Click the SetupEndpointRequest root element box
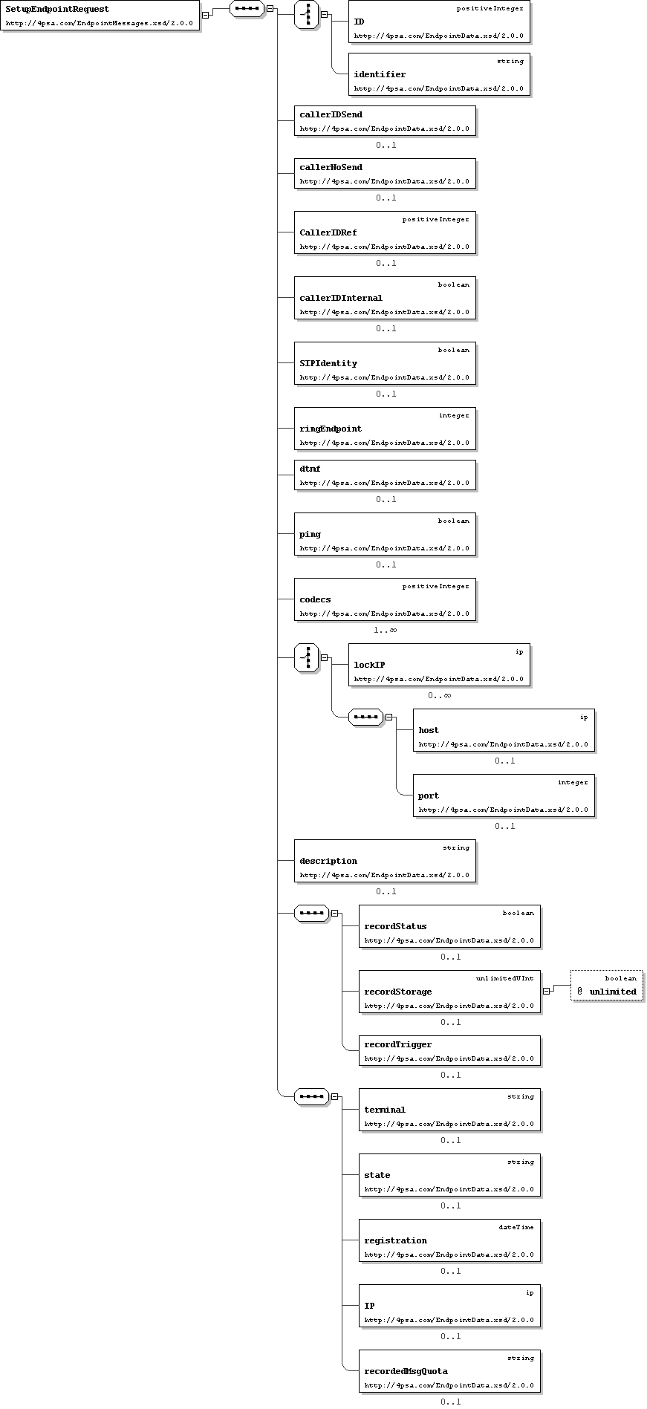click(100, 16)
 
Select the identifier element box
click(439, 74)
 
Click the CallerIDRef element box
click(385, 232)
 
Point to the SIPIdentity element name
click(328, 363)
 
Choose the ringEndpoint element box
click(385, 429)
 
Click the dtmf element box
click(385, 475)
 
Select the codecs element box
click(385, 599)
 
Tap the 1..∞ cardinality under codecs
click(385, 630)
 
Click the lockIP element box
click(439, 665)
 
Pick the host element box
click(504, 730)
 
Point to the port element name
click(429, 795)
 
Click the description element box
click(385, 861)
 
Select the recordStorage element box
click(449, 992)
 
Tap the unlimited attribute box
click(607, 986)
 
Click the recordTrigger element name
click(397, 1044)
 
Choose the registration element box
click(449, 1240)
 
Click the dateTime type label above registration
click(516, 1227)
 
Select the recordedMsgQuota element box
click(449, 1371)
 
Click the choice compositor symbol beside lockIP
click(307, 657)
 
